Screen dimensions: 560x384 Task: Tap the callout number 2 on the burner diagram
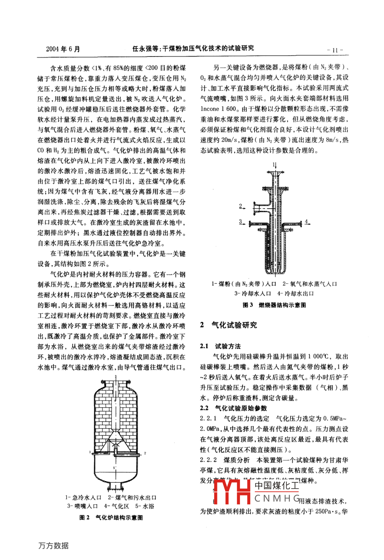coord(240,206)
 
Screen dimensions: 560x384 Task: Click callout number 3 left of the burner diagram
coord(240,221)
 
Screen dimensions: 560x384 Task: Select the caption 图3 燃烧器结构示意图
coord(274,305)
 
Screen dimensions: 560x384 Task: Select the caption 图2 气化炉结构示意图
coord(111,518)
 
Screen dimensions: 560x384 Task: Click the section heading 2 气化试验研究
coord(229,325)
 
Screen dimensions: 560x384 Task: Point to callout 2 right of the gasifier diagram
coord(145,453)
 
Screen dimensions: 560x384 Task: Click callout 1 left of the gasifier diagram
coord(90,452)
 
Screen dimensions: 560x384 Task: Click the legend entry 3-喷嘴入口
coord(82,506)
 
